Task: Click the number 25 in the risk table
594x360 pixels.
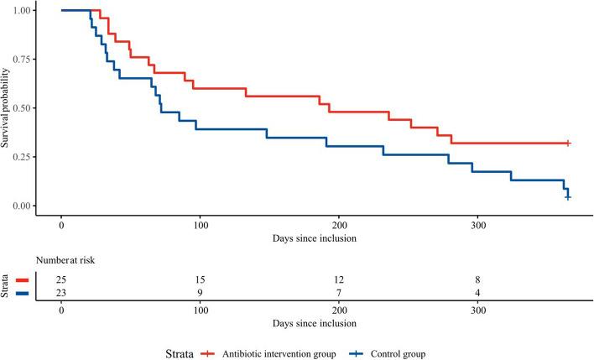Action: click(x=62, y=279)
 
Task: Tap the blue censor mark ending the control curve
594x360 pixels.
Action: click(x=568, y=197)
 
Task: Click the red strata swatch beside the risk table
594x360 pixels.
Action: click(x=23, y=279)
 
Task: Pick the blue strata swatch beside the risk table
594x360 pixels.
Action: click(x=23, y=291)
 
